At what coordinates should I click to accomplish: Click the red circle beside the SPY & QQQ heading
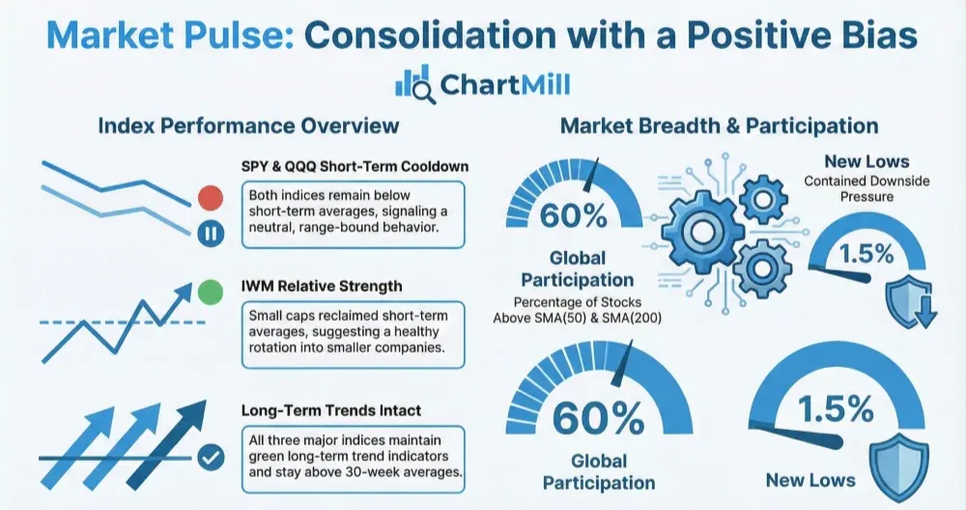coord(211,198)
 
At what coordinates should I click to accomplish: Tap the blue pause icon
coord(211,234)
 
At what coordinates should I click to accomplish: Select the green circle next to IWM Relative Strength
coord(211,292)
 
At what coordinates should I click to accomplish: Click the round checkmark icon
coord(211,458)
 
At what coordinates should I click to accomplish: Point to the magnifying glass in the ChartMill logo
coord(423,92)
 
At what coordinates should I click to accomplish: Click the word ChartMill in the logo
coord(505,84)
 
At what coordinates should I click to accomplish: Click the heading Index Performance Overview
coord(248,126)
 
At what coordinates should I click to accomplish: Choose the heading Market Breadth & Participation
coord(719,126)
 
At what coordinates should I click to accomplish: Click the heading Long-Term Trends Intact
coord(331,411)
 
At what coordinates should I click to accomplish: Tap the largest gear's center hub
coord(699,231)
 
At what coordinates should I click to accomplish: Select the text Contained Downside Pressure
coord(867,189)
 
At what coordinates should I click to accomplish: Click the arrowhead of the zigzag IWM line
coord(183,292)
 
